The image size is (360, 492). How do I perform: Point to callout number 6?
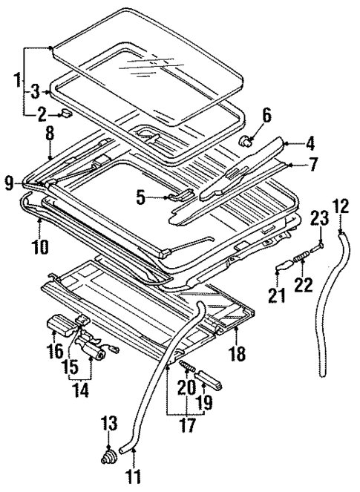[266, 116]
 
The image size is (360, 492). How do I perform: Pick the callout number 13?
[109, 424]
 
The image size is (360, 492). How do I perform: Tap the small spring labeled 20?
[189, 367]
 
